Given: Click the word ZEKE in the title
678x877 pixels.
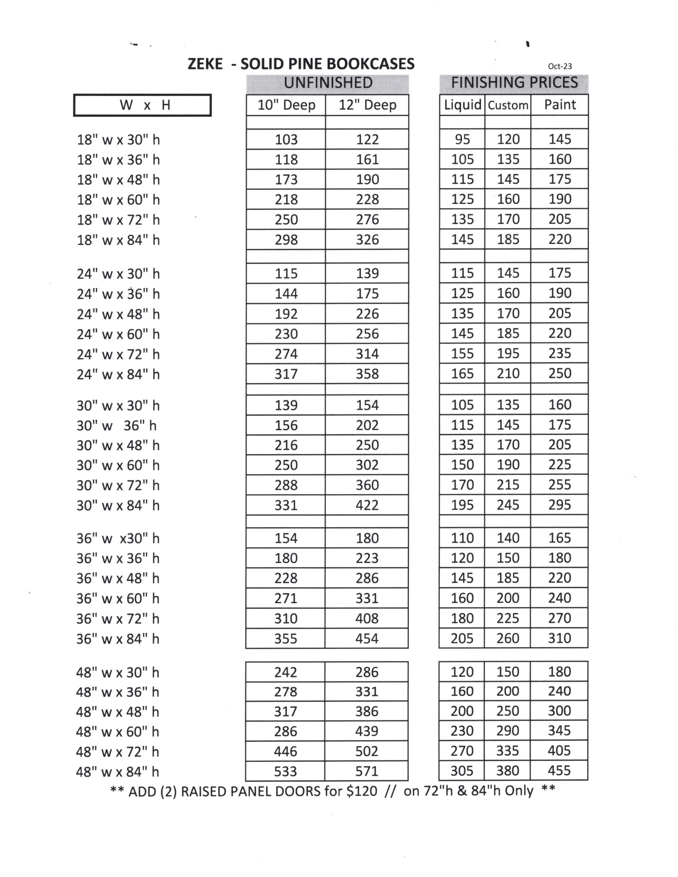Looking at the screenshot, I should click(x=205, y=64).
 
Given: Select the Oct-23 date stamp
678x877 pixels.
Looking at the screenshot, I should click(x=559, y=66).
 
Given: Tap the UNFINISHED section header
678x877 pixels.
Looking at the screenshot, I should click(x=328, y=83).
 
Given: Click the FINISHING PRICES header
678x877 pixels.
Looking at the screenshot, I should click(x=514, y=83).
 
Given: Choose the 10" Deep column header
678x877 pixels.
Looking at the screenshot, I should click(x=286, y=105).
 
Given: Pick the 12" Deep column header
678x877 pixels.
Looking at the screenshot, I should click(x=367, y=105).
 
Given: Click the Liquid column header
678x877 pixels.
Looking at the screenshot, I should click(x=462, y=105).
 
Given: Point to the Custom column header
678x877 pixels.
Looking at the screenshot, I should click(x=508, y=106).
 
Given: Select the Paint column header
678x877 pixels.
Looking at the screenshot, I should click(x=560, y=105).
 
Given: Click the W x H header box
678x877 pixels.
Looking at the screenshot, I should click(x=143, y=105).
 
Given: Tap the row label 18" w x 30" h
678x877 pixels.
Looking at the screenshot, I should click(x=118, y=140).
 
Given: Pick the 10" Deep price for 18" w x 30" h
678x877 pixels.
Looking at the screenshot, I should click(x=286, y=139).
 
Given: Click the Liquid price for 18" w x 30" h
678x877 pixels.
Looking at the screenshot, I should click(x=462, y=139).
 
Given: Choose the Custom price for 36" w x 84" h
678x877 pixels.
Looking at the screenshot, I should click(x=508, y=638).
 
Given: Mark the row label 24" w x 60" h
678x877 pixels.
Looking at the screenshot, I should click(x=118, y=334).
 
